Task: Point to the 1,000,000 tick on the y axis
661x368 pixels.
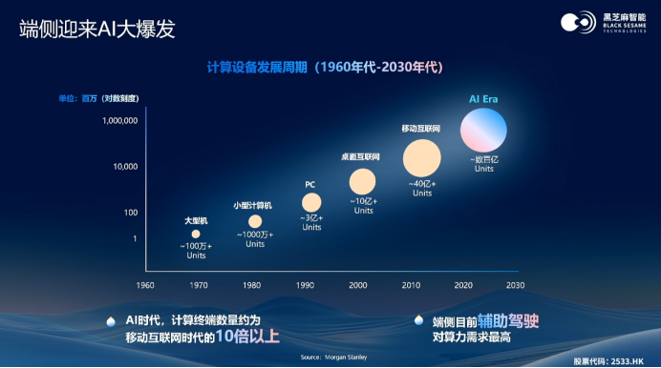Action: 120,121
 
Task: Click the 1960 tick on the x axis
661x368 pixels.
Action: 145,285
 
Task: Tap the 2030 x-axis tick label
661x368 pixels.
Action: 515,285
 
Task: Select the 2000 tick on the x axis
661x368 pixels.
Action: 357,285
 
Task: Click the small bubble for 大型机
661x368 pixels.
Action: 196,234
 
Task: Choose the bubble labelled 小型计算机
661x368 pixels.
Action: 255,221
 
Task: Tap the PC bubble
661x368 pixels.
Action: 311,202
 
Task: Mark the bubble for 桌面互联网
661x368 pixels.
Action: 363,180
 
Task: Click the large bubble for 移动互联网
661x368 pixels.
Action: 421,157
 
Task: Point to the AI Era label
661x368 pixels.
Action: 484,98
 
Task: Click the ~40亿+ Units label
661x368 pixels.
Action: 422,188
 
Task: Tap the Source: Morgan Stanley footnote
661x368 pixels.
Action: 325,358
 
